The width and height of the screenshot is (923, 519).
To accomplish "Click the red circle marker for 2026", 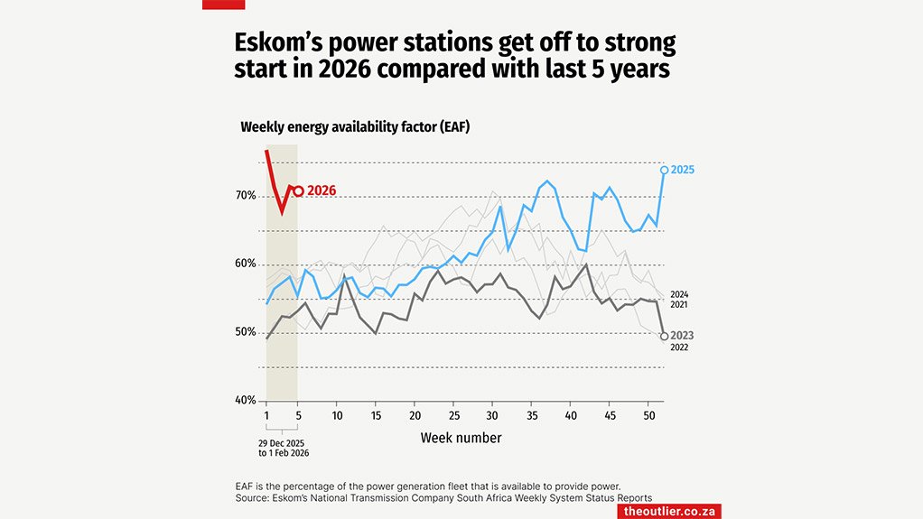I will pos(298,190).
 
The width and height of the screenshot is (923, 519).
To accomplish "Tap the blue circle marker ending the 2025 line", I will pos(664,170).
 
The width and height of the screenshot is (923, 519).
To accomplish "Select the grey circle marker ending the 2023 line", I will pos(664,336).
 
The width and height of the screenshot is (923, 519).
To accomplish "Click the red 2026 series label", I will pos(322,191).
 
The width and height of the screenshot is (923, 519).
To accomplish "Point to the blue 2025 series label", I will pos(683,170).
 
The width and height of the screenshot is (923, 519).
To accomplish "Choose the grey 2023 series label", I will pos(683,336).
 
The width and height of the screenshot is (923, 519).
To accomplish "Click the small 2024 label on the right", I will pos(680,294).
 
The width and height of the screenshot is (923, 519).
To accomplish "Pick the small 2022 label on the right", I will pos(680,348).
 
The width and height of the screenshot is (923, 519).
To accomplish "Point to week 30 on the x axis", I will pos(492,415).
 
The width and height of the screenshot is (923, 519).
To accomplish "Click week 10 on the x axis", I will pos(336,415).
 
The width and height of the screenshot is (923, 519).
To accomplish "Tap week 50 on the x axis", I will pos(648,415).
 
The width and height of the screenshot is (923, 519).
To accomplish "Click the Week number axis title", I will pos(461,438).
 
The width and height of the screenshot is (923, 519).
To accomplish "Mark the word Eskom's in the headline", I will pos(275,42).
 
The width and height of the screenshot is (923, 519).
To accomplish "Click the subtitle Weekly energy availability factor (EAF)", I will pos(355,127).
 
